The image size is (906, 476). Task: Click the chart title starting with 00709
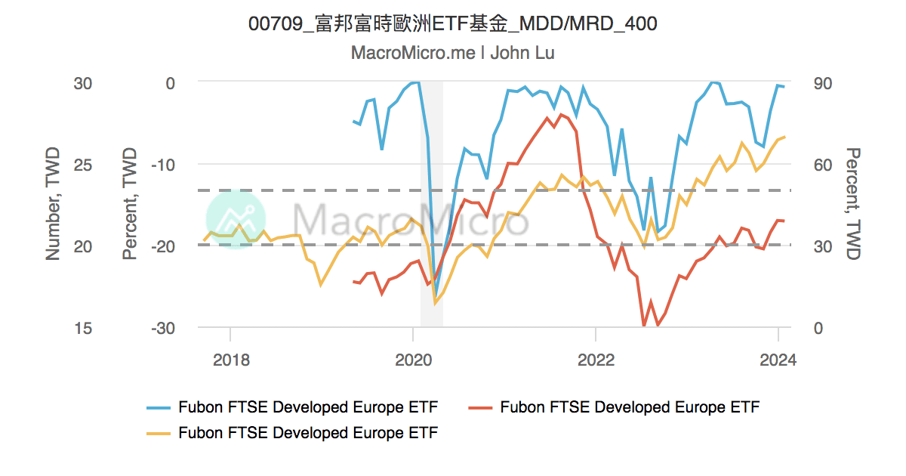point(453,24)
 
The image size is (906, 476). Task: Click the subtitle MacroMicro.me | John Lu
point(453,53)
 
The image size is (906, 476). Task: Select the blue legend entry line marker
point(159,408)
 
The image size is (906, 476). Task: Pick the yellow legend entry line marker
point(159,433)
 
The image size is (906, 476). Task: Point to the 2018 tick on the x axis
point(230,360)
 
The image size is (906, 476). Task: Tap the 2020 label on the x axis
point(413,360)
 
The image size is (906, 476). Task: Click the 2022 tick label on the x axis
point(596,360)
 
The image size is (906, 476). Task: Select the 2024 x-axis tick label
point(778,360)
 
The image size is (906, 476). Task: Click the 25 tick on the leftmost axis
point(83,165)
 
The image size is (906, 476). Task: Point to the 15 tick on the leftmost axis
point(83,329)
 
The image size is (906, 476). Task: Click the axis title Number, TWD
point(53,204)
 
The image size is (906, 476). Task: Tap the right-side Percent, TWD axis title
point(853,204)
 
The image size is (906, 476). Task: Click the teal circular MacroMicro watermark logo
point(236,219)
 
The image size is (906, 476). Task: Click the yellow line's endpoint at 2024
point(784,137)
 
